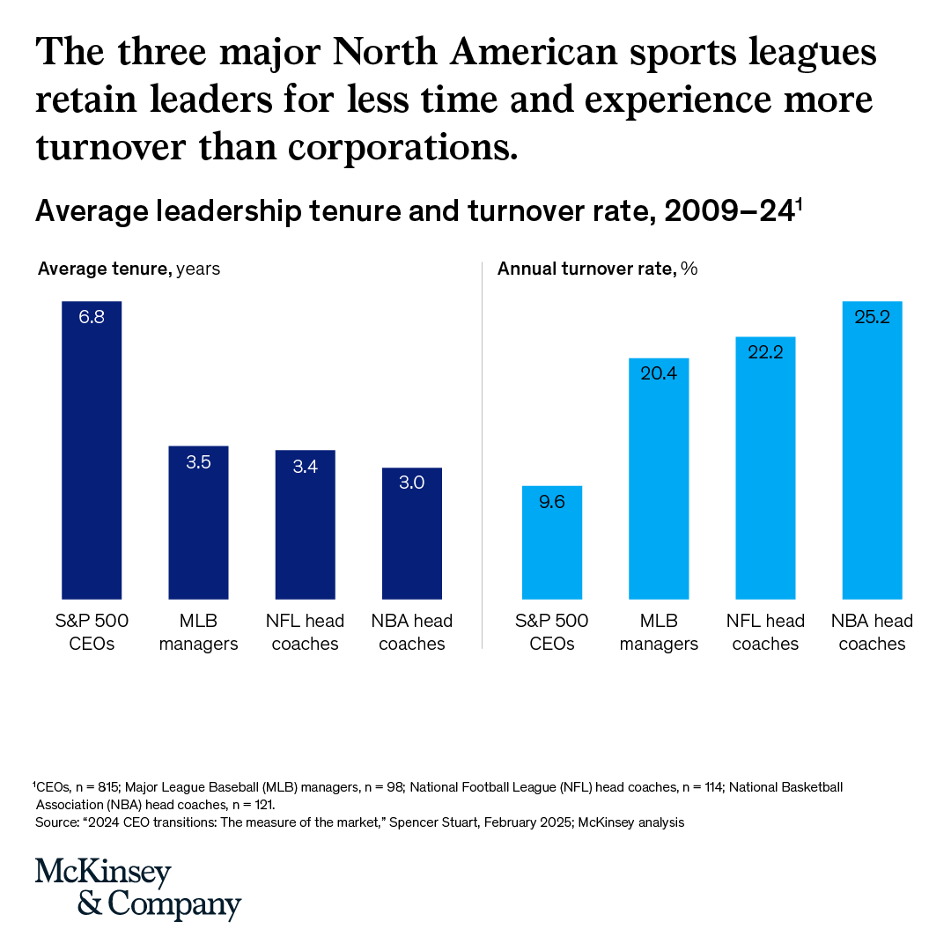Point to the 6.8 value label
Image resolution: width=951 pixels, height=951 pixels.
tap(92, 317)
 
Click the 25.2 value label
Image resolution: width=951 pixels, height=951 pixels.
tap(873, 317)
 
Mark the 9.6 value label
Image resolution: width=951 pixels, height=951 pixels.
tap(552, 501)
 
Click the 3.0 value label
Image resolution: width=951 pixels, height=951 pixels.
tap(412, 483)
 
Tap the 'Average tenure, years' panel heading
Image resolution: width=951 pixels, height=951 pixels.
tap(129, 269)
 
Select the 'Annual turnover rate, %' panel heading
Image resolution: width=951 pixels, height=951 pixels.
tap(598, 269)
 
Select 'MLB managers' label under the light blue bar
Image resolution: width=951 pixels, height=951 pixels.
tap(659, 632)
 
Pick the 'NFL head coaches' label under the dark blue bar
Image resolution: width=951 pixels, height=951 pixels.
tap(305, 632)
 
